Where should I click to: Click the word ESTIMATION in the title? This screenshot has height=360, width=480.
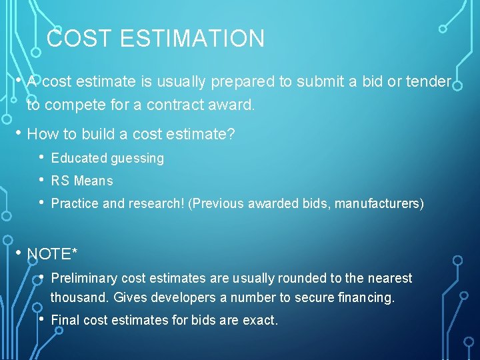tap(193, 39)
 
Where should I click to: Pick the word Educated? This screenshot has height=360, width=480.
tap(79, 159)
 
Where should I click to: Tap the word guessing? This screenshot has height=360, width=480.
tap(137, 159)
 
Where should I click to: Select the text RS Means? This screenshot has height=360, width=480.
tap(82, 181)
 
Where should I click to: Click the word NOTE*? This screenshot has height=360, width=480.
tap(52, 254)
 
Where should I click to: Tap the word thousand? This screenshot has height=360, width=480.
tap(80, 297)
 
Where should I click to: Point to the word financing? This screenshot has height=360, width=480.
tap(367, 297)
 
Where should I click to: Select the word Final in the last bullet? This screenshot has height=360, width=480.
tap(65, 320)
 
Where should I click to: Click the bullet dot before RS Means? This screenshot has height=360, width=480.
tap(42, 180)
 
